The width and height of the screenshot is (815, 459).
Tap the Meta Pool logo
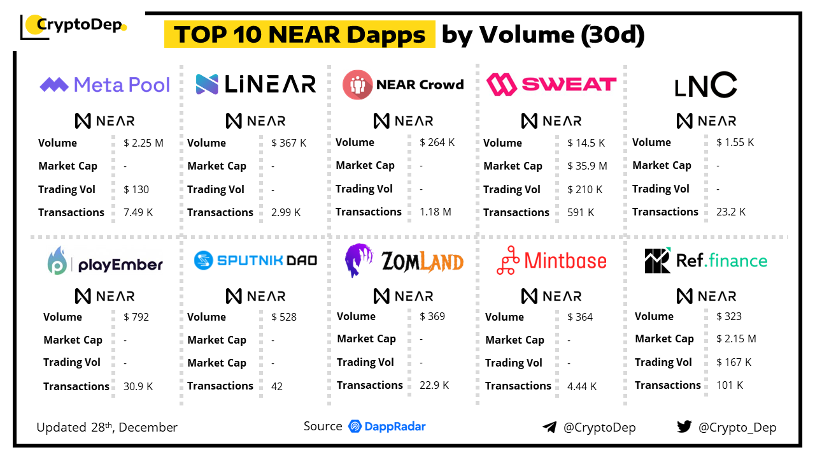point(105,85)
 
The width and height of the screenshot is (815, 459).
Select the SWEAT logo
point(551,84)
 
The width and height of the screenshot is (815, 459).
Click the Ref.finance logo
point(705,260)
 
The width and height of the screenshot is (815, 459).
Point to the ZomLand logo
point(404,261)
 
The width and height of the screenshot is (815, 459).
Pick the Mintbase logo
point(551,261)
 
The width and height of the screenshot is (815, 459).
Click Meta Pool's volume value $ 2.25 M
point(143,143)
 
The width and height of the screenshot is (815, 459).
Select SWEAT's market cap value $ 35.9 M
point(587,166)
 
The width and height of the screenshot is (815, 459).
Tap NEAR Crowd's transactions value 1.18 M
point(436,212)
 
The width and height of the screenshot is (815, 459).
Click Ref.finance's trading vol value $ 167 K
point(733,362)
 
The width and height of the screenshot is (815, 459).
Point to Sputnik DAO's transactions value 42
point(277,386)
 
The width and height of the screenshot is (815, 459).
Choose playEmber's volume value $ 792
point(136,317)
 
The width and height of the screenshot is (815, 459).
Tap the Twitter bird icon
point(684,426)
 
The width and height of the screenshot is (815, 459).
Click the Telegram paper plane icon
point(549,427)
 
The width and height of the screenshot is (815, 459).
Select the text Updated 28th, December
point(107,427)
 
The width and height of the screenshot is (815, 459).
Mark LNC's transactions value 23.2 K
point(731,212)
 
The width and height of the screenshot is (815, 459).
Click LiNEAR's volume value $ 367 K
point(288,143)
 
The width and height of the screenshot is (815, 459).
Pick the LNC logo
point(705,85)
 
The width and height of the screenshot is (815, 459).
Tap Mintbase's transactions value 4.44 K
point(582,386)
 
